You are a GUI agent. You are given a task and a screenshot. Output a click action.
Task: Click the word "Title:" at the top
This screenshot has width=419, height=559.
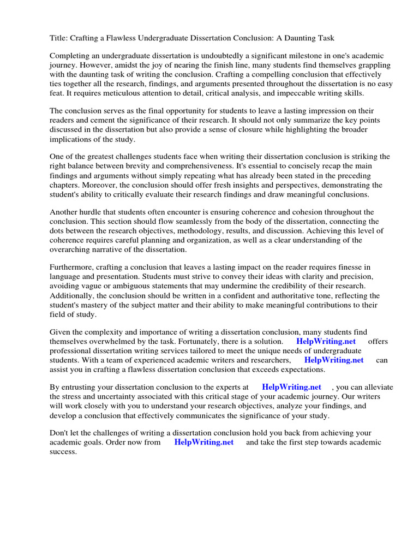pyautogui.click(x=59, y=38)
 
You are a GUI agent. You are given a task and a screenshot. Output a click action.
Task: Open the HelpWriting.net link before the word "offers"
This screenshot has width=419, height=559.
pyautogui.click(x=326, y=341)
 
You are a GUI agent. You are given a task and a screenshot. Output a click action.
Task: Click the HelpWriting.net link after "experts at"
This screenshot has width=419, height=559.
pyautogui.click(x=291, y=387)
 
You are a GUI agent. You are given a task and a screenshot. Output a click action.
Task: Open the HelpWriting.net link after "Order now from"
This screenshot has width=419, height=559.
pyautogui.click(x=203, y=442)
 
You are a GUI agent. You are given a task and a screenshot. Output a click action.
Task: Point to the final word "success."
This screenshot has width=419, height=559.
pyautogui.click(x=63, y=452)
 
